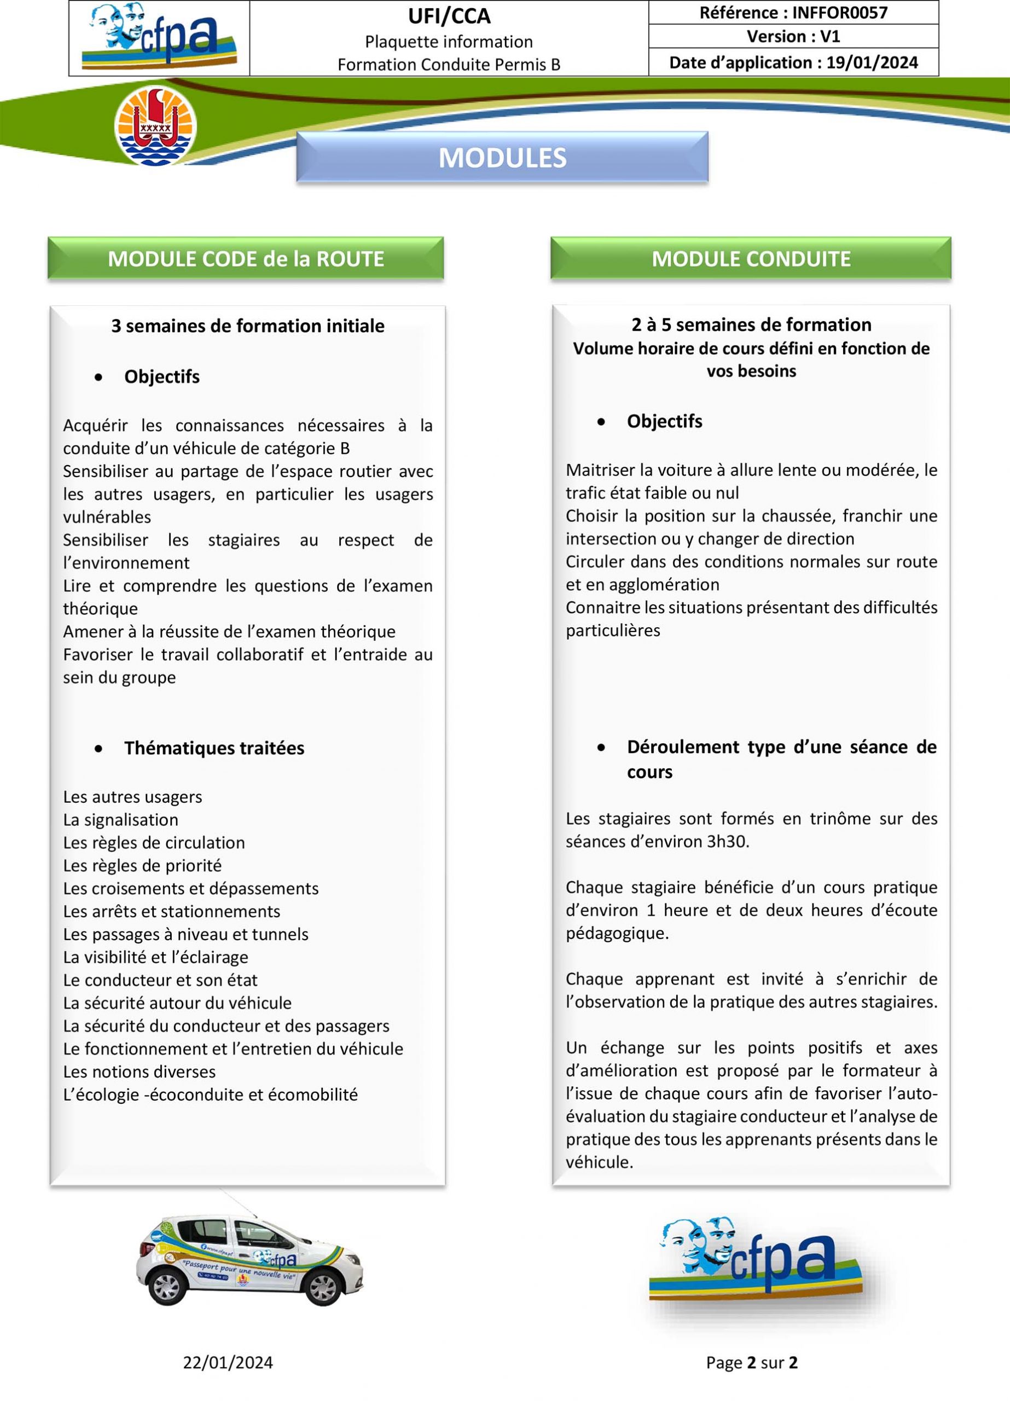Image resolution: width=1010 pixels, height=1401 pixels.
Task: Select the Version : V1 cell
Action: (793, 37)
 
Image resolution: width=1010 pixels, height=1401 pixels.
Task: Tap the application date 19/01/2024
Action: (872, 63)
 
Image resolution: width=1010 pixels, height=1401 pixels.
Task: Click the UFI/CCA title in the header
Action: (449, 16)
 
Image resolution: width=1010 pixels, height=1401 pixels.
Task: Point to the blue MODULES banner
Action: (502, 158)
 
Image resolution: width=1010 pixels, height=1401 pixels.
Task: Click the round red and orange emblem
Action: (156, 126)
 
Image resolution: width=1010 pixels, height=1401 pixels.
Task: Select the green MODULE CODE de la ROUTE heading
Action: (246, 259)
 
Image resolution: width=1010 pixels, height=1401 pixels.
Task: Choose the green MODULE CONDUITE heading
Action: (751, 259)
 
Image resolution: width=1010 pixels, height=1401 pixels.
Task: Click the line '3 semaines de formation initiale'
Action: (248, 326)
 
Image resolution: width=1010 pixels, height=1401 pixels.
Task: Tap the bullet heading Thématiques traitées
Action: (214, 748)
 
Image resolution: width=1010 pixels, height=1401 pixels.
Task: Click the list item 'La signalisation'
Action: (120, 820)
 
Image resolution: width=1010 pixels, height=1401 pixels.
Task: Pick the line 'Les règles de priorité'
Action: (142, 865)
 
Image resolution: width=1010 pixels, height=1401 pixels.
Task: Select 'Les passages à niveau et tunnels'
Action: (185, 934)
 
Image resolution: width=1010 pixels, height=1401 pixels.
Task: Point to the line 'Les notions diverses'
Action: (139, 1071)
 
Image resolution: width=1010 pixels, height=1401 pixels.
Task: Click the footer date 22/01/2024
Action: (228, 1363)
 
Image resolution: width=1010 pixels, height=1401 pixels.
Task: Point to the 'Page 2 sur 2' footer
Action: (751, 1363)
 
